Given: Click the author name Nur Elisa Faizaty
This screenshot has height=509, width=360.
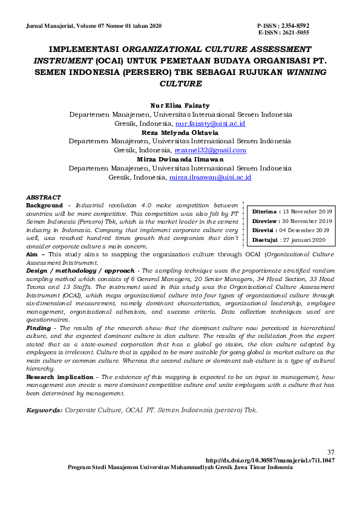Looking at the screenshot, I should click(x=180, y=105).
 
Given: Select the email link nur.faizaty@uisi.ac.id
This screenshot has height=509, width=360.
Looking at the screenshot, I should click(x=210, y=123).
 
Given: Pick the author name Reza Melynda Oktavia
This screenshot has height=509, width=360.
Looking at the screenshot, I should click(x=180, y=132).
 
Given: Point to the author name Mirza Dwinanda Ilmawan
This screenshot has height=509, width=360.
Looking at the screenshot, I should click(x=180, y=159).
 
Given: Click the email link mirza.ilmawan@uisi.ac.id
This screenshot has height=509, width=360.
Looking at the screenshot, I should click(x=211, y=178).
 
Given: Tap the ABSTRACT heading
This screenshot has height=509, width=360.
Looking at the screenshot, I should click(x=44, y=198).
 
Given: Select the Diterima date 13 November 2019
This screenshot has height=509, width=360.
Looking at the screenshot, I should click(x=308, y=212).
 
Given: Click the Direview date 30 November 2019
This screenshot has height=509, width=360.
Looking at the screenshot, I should click(x=309, y=221).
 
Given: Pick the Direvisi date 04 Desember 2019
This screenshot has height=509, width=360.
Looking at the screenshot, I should click(x=307, y=230).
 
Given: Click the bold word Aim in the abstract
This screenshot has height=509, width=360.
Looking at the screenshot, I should click(x=31, y=255).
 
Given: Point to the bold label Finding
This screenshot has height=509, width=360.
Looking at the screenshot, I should click(x=38, y=327).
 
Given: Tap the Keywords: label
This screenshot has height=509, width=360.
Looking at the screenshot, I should click(x=44, y=410).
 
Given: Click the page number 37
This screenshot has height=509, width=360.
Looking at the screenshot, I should click(x=330, y=452).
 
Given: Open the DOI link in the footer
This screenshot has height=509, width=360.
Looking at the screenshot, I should click(x=270, y=460).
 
